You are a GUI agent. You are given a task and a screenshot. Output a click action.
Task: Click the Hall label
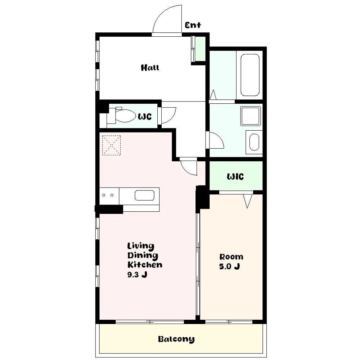coord(150,68)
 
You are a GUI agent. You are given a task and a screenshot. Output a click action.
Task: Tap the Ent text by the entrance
coord(193,25)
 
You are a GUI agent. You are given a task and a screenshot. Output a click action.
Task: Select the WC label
coord(145,117)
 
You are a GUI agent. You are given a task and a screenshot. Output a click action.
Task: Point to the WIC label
coord(235,176)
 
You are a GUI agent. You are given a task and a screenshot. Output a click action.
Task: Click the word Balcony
coord(176,339)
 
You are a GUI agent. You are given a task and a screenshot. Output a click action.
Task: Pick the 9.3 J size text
coord(137,275)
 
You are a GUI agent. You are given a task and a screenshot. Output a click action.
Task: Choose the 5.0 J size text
coord(230,266)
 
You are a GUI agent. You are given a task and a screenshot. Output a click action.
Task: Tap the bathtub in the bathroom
coord(250,75)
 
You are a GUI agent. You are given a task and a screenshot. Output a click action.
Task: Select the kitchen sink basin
coord(144,195)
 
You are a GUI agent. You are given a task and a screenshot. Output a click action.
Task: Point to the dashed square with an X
coord(111,145)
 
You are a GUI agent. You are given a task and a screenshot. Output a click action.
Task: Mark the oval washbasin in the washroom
coord(254,142)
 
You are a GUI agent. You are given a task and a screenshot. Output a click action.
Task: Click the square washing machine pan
coord(251,116)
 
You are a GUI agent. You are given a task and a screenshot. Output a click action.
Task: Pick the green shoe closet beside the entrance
coord(200,49)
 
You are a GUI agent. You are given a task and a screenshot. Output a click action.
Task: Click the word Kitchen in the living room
coord(145,265)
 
